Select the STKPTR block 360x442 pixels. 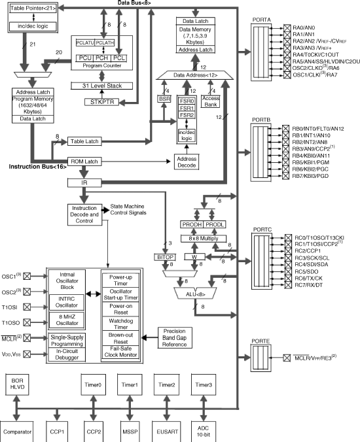click(x=100, y=102)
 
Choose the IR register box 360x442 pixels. click(x=84, y=183)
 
